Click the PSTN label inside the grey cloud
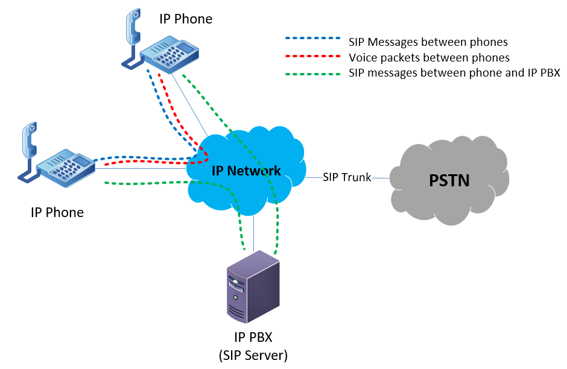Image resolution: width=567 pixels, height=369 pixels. click(x=449, y=180)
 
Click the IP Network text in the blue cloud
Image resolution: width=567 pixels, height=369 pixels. click(x=246, y=171)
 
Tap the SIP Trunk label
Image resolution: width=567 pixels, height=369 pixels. click(x=346, y=177)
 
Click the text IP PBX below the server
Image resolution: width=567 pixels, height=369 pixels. click(x=253, y=336)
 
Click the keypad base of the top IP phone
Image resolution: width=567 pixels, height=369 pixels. click(x=169, y=54)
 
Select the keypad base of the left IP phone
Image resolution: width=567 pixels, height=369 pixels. click(x=65, y=166)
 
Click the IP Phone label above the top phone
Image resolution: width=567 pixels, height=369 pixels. click(x=186, y=19)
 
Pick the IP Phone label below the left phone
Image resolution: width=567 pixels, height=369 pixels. click(x=57, y=212)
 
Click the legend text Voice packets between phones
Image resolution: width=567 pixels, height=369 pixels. click(x=429, y=58)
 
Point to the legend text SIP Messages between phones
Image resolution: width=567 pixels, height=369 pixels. click(x=428, y=42)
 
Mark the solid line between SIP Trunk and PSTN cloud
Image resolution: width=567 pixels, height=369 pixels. click(x=380, y=178)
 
